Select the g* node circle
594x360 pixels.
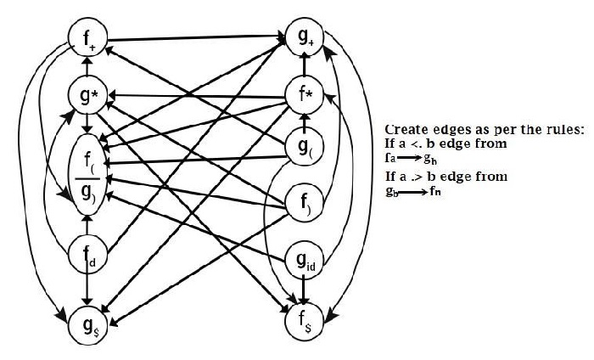(x=87, y=98)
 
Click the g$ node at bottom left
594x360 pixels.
(x=87, y=323)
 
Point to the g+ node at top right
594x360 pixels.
(x=304, y=37)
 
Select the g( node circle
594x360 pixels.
(x=305, y=148)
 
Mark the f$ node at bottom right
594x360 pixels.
(x=305, y=321)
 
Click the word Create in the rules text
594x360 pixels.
(x=406, y=129)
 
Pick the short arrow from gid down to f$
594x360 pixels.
(x=305, y=290)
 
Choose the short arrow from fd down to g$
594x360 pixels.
(x=87, y=290)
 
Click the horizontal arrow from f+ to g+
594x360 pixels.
(x=195, y=38)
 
